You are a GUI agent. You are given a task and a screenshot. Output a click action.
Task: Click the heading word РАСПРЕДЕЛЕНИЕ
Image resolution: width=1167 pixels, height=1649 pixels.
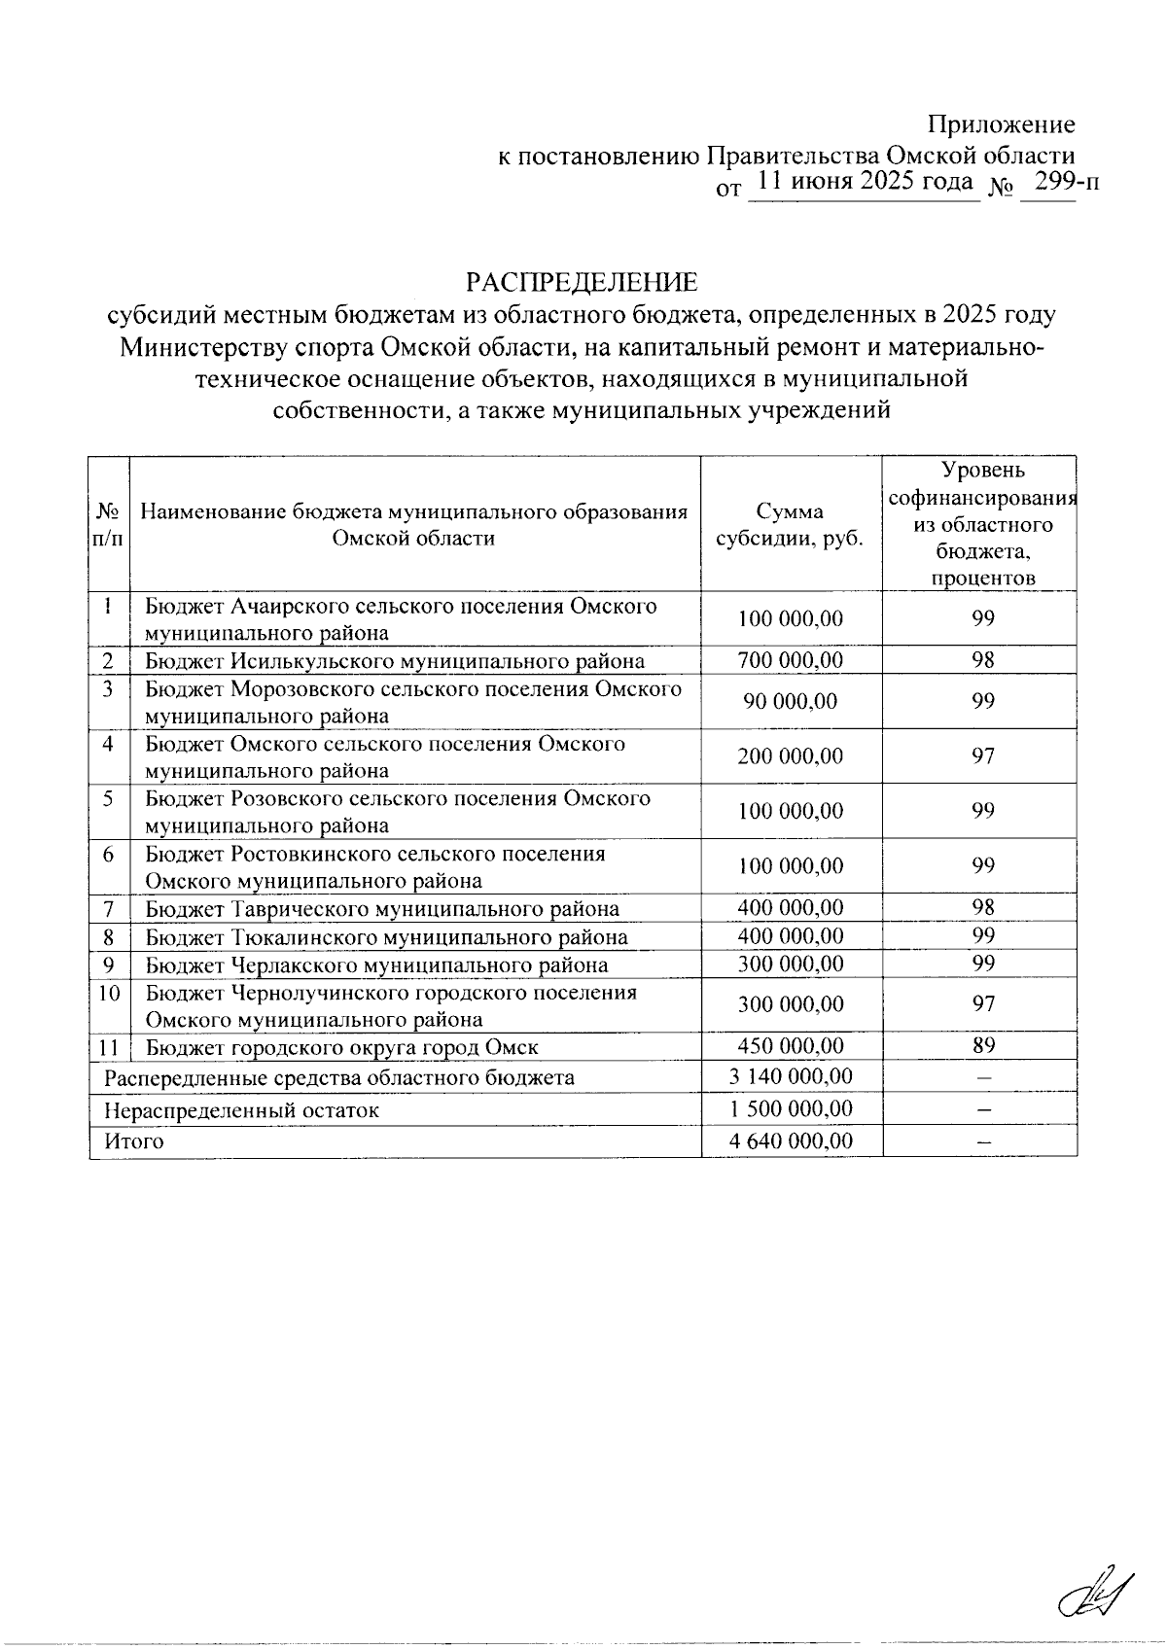pos(582,283)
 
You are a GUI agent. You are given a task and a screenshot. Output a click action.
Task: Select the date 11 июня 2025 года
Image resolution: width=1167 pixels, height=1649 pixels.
pos(865,182)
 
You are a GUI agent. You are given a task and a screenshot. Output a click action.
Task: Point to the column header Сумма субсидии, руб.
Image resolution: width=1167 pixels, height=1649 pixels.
pos(791,525)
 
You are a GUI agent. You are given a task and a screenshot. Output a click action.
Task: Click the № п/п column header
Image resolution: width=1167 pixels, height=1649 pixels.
pos(109,525)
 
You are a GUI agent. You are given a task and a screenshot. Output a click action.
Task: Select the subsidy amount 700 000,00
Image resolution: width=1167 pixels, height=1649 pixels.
pos(791,661)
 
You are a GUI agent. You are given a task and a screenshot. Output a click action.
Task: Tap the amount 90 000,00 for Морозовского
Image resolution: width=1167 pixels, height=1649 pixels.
pos(791,702)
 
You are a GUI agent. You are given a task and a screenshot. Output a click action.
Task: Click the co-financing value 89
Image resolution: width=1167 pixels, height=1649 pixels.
pos(983,1046)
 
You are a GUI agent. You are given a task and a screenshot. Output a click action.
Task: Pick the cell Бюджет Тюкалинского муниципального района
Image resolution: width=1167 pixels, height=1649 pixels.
pos(386,937)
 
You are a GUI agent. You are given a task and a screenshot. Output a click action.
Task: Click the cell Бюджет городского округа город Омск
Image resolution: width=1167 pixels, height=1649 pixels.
pos(341,1047)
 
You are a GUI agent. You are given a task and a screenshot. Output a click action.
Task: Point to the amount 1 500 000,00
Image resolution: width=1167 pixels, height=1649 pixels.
pos(791,1109)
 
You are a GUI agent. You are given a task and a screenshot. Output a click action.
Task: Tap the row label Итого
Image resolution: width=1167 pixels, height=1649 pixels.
pos(135,1141)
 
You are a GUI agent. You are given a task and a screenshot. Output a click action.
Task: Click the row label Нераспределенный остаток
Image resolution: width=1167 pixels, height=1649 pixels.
pos(241,1110)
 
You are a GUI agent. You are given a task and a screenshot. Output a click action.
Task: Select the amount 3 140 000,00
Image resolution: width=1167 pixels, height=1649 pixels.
pos(791,1077)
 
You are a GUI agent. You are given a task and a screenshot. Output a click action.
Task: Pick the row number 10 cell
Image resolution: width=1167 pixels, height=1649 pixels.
pos(109,994)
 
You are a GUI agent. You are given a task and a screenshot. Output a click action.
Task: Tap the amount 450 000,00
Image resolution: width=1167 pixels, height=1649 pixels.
pos(791,1046)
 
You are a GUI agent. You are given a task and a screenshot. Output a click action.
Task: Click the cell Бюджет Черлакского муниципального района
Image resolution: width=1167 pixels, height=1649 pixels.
pos(376,965)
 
